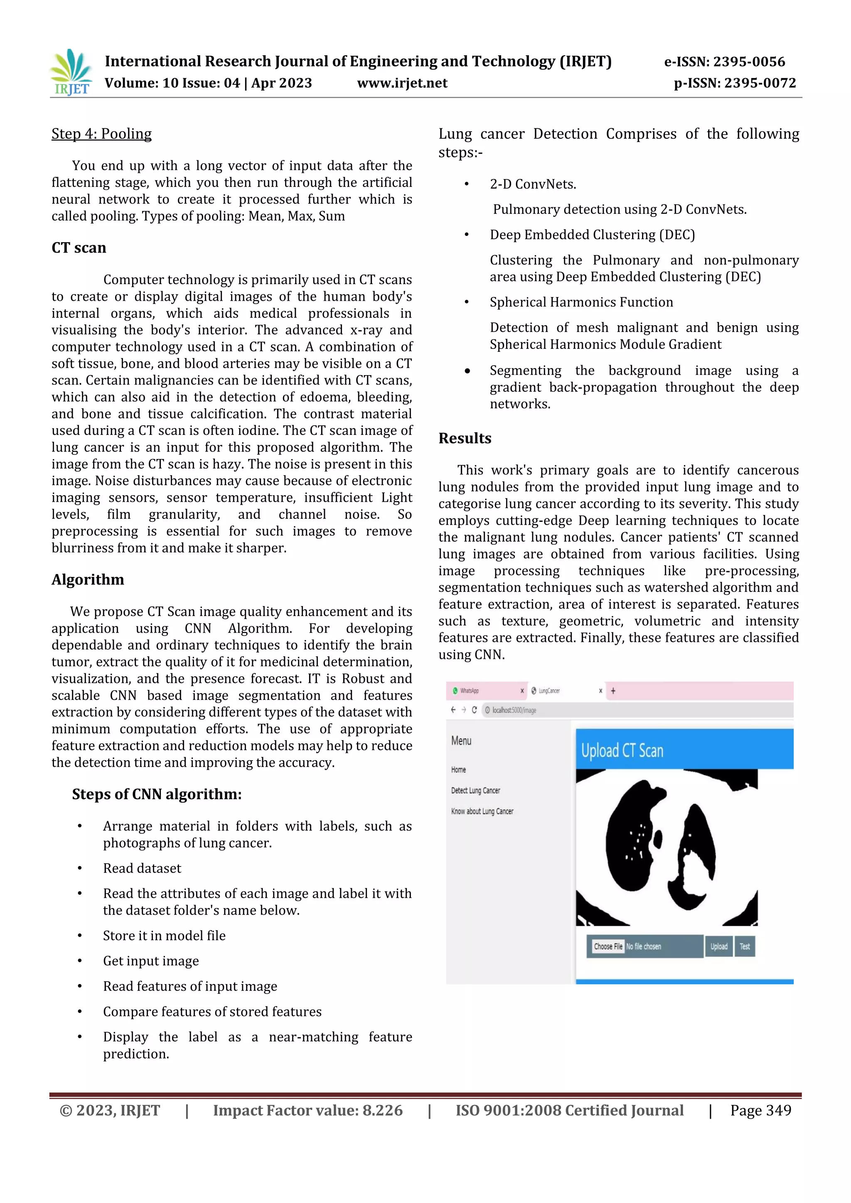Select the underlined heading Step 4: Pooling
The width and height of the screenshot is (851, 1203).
click(102, 134)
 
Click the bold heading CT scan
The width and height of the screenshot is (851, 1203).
click(79, 248)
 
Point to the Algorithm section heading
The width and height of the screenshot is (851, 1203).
click(88, 579)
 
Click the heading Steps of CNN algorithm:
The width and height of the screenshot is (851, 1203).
click(157, 794)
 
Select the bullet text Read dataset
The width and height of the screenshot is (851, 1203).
click(142, 868)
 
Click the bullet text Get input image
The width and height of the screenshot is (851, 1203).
click(151, 961)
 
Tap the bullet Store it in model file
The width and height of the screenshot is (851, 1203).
click(164, 936)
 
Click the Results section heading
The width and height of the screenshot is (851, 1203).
click(465, 439)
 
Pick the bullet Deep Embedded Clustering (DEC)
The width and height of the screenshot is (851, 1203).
click(592, 235)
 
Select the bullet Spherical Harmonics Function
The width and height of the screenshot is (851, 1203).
click(581, 302)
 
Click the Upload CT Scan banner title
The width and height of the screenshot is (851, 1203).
click(622, 751)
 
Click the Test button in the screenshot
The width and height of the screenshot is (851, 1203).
click(745, 946)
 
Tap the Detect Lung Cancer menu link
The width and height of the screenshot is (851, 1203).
click(475, 791)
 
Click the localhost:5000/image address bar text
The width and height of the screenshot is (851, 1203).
click(514, 710)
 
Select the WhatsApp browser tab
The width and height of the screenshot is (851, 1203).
click(469, 690)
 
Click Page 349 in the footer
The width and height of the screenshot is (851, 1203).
click(760, 1111)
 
